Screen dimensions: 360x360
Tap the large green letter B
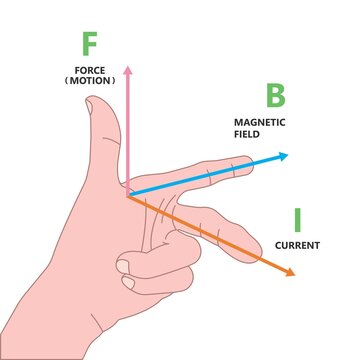pos(275,97)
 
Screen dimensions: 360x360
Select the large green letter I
pos(297,219)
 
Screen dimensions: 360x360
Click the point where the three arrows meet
pos(130,192)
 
